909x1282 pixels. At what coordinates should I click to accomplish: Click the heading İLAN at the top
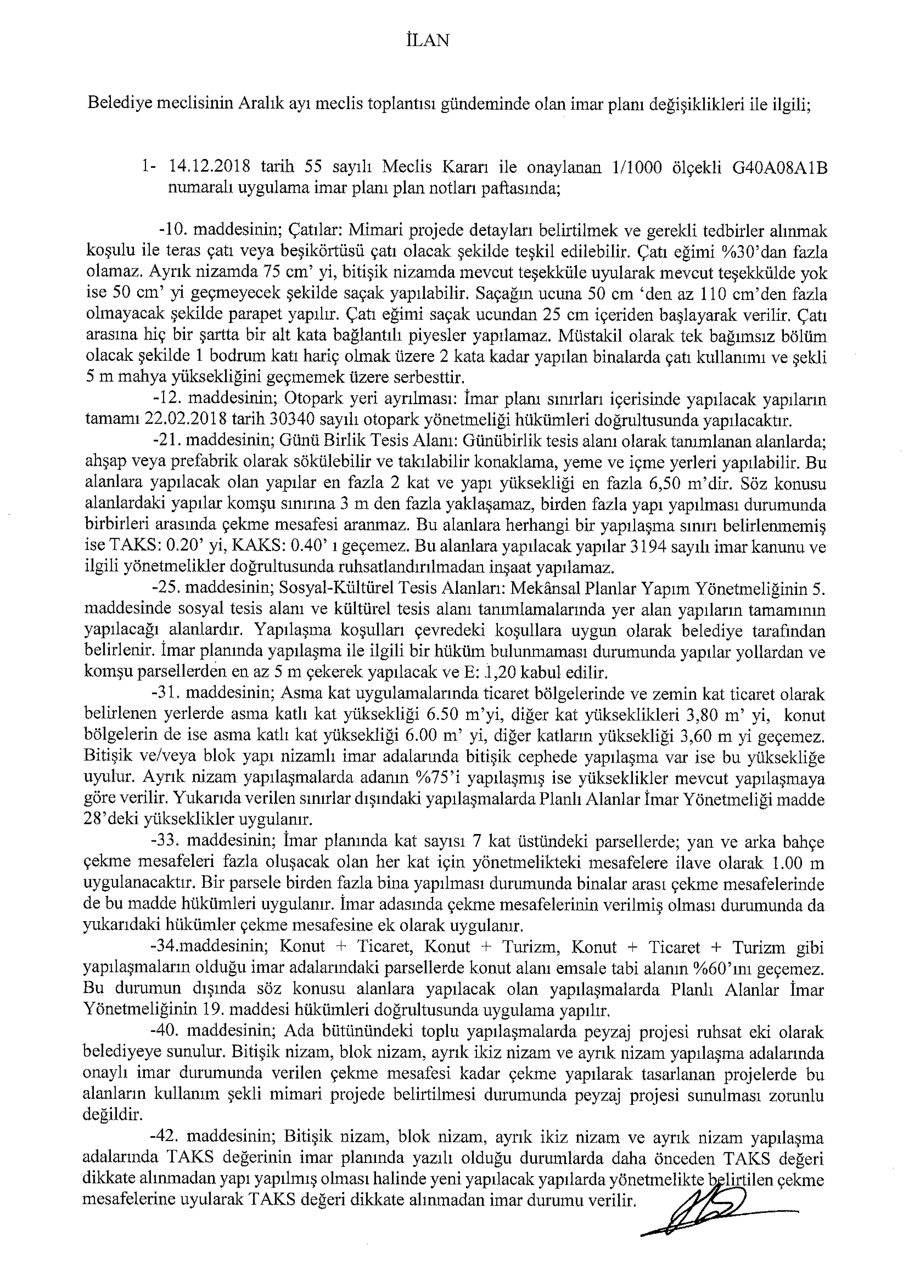point(426,41)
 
